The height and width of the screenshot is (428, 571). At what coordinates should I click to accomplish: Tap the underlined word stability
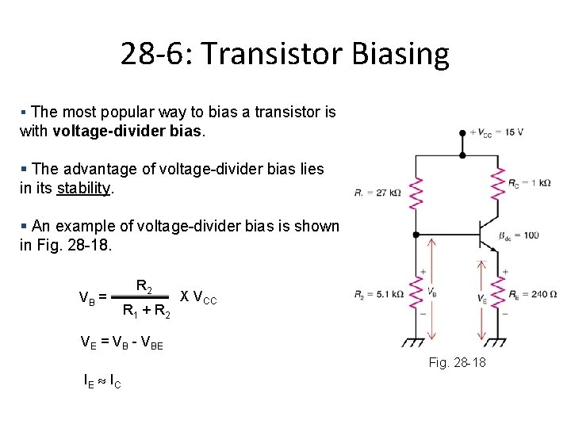pyautogui.click(x=84, y=189)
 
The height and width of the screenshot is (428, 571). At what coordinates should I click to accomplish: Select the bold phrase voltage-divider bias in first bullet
pyautogui.click(x=128, y=130)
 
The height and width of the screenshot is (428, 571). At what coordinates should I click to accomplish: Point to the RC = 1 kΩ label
pyautogui.click(x=530, y=182)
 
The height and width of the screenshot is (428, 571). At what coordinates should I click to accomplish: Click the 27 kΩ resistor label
pyautogui.click(x=378, y=191)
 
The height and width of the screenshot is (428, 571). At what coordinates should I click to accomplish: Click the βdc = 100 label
pyautogui.click(x=519, y=235)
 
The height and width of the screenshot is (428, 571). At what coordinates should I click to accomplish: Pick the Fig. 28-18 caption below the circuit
pyautogui.click(x=457, y=362)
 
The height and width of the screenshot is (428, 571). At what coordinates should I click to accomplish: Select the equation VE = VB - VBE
pyautogui.click(x=122, y=342)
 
